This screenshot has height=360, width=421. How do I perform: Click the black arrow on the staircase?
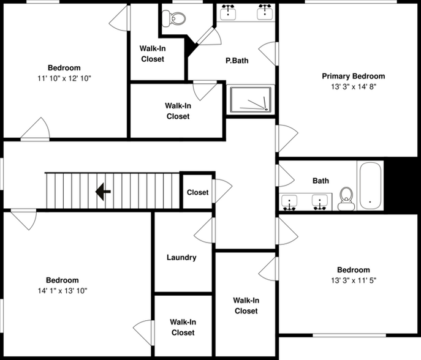[x=103, y=193]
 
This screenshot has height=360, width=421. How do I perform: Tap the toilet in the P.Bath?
[x=174, y=18]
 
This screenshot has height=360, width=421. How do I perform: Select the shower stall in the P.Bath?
[x=250, y=100]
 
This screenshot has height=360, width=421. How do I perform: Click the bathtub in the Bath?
[x=371, y=186]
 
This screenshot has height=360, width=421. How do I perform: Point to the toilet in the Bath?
[x=347, y=198]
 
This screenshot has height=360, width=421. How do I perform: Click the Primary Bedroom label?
[x=353, y=76]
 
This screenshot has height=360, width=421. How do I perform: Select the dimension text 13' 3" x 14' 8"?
[x=353, y=86]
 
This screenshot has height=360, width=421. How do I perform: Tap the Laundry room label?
[x=181, y=257]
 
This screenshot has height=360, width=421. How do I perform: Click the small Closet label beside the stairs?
[x=197, y=192]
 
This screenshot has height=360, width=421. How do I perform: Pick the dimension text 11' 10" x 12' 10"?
[x=64, y=78]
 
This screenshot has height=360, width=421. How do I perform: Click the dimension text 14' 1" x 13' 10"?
[x=63, y=291]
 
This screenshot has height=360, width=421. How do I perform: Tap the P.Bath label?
[x=237, y=61]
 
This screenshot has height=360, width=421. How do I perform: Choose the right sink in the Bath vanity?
[x=319, y=201]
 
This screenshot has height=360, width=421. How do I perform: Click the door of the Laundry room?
[x=204, y=231]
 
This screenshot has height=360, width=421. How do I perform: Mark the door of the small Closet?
[x=222, y=190]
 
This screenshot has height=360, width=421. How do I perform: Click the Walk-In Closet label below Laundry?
[x=183, y=327]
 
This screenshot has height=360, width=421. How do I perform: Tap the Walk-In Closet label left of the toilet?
[x=153, y=54]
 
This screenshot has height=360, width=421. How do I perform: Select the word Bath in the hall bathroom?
[x=320, y=181]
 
